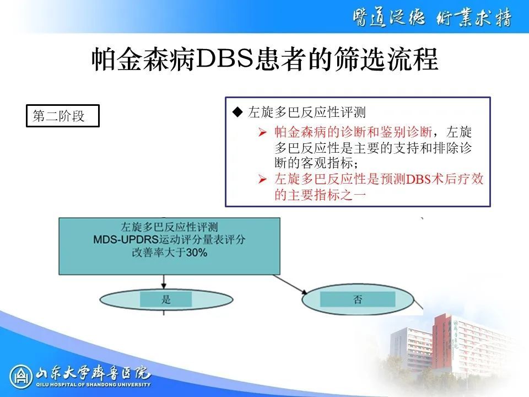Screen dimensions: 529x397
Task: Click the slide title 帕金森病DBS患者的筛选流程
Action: pyautogui.click(x=265, y=60)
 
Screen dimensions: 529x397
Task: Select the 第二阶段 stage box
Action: pyautogui.click(x=63, y=116)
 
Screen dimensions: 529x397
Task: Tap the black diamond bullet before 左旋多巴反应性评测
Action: pyautogui.click(x=238, y=112)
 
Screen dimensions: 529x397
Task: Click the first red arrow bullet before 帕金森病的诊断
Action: pyautogui.click(x=262, y=132)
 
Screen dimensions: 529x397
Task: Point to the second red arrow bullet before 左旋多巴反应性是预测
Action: pyautogui.click(x=262, y=179)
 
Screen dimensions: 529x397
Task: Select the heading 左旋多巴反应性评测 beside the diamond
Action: pyautogui.click(x=307, y=112)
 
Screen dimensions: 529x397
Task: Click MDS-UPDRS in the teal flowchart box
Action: pyautogui.click(x=126, y=240)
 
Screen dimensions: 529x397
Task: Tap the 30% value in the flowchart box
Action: pyautogui.click(x=197, y=253)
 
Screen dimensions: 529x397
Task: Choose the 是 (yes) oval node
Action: pyautogui.click(x=166, y=299)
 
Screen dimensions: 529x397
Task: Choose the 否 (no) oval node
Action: pyautogui.click(x=358, y=299)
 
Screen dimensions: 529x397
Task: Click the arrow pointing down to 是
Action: pyautogui.click(x=164, y=282)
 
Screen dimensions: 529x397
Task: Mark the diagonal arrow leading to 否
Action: pyautogui.click(x=290, y=285)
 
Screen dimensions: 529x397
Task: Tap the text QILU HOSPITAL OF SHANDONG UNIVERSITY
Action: pyautogui.click(x=94, y=384)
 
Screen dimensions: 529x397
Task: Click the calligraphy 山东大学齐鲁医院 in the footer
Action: pyautogui.click(x=93, y=373)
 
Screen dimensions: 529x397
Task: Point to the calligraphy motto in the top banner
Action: pyautogui.click(x=432, y=18)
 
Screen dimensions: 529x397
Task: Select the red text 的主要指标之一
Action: pyautogui.click(x=320, y=195)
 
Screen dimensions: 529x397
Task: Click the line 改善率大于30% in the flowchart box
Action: pyautogui.click(x=169, y=253)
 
